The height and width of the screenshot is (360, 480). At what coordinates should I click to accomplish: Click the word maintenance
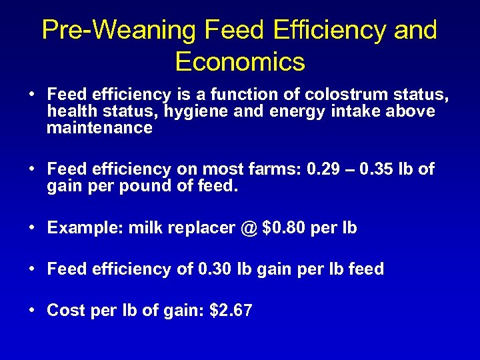(100, 127)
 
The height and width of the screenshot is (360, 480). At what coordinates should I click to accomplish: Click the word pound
(145, 186)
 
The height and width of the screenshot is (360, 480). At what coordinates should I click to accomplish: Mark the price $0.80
(285, 227)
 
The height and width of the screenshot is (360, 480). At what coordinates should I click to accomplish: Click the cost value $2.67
(231, 310)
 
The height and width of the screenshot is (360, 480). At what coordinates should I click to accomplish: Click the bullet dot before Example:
(32, 227)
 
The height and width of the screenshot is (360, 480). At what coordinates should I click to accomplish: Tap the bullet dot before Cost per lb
(32, 310)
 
